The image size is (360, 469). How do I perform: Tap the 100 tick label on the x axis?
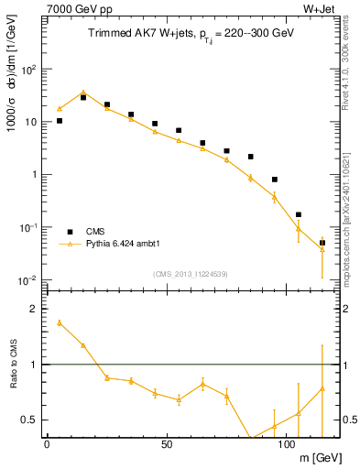point(286,446)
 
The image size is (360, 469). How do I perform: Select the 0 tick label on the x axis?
point(48,446)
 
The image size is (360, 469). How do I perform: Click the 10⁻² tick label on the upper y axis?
point(27,280)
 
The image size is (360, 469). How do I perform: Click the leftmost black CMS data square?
point(60,120)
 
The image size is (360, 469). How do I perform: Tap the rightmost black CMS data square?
point(322,243)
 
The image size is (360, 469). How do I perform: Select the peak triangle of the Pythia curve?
point(83,93)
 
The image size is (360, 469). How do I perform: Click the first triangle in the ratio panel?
point(60,322)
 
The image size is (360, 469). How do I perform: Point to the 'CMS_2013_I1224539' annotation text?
point(191,273)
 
